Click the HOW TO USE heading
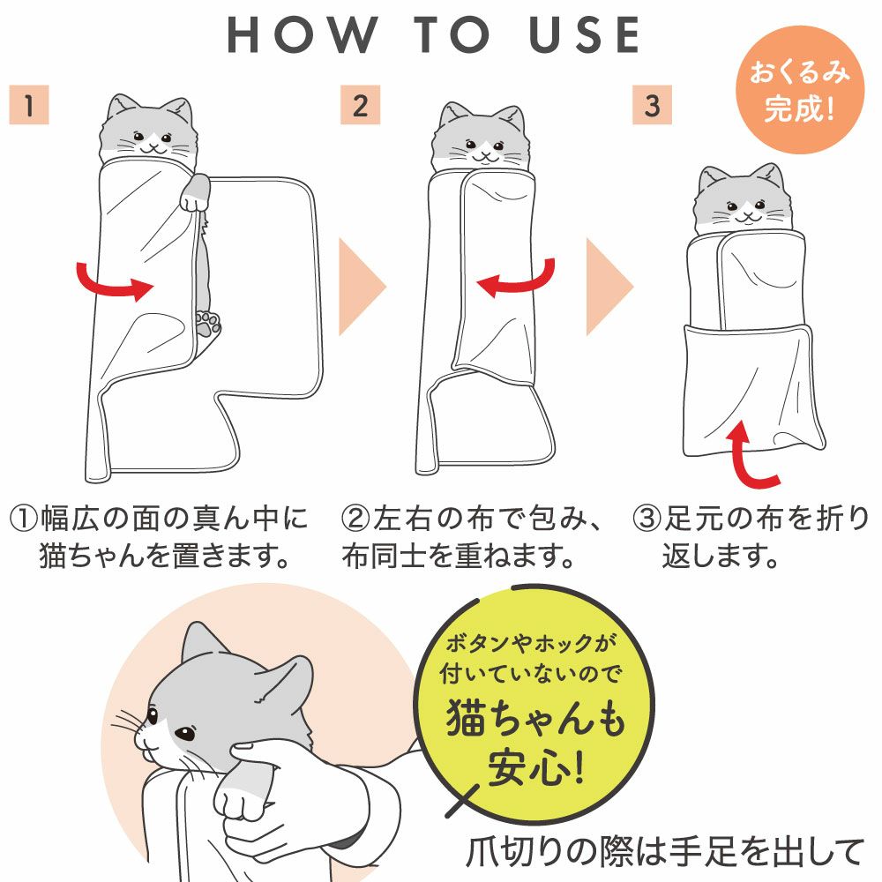pos(433,35)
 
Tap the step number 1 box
pos(29,105)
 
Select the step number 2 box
pos(360,105)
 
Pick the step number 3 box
pos(652,105)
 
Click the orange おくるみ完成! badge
pos(799,90)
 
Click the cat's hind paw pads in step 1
pos(209,324)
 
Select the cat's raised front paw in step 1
pos(195,193)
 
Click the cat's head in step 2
pos(482,138)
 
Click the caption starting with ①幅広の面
pos(159,536)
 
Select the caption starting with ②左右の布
pos(471,536)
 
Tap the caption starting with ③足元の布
pos(751,536)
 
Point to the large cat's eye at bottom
pos(184,734)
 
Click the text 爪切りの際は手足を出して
pos(665,852)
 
